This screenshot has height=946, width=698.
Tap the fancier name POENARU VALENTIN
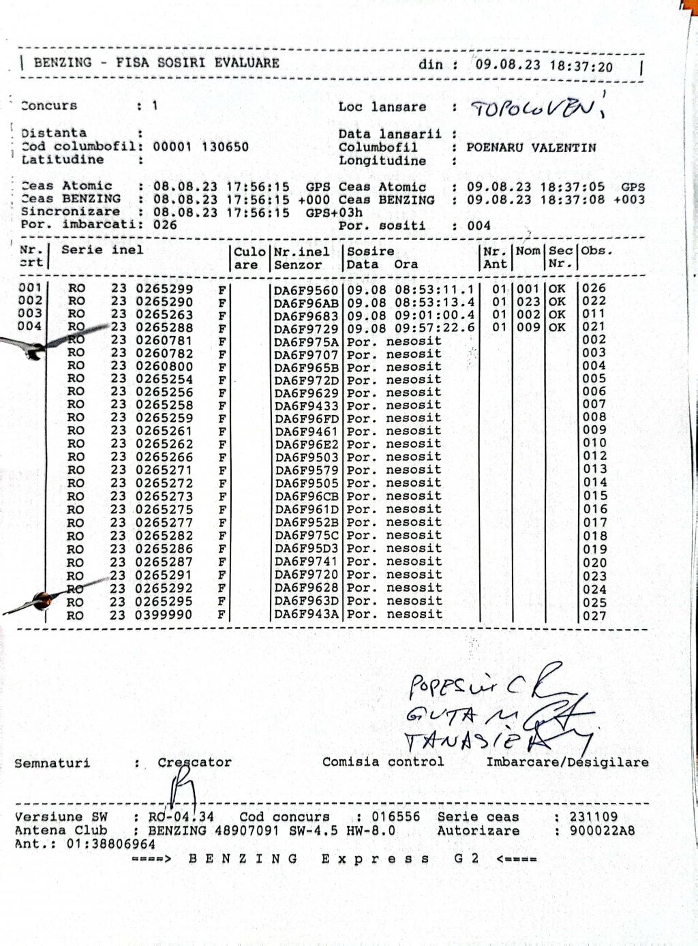point(531,147)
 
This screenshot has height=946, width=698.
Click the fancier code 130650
point(225,147)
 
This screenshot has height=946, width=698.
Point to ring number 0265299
point(164,289)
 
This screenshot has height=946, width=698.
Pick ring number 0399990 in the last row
point(164,615)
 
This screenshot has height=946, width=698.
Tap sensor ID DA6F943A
point(306,615)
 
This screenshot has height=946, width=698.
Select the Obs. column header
point(596,251)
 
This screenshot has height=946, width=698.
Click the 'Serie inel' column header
point(102,250)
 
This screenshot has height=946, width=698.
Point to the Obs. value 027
point(594,615)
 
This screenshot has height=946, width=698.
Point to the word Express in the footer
point(375,859)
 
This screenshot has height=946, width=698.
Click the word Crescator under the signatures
point(194,763)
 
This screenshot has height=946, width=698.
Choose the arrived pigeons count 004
point(479,226)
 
